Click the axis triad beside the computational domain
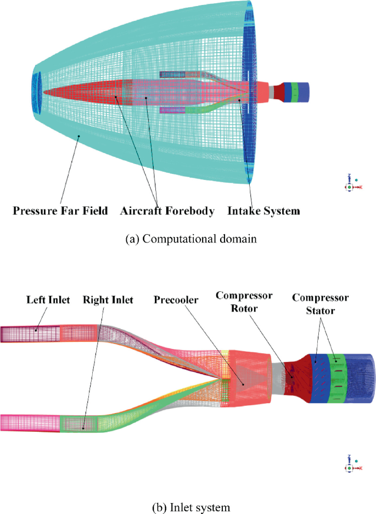[351, 183]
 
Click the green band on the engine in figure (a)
[295, 91]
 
